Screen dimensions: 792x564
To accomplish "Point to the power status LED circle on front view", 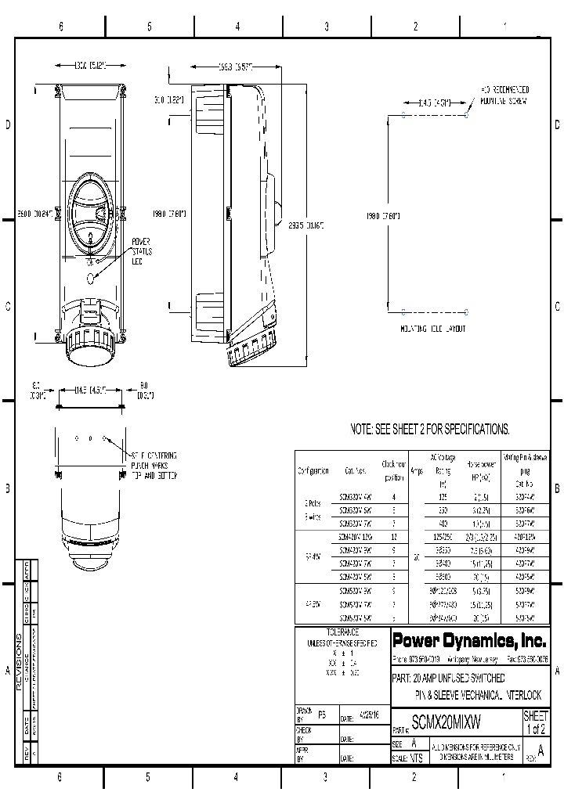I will coord(91,277).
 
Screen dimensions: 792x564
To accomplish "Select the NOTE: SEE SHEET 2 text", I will coord(429,429).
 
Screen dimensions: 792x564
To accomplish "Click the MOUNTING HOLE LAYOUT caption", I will coord(432,329).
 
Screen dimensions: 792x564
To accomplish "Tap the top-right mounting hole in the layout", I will coord(467,117).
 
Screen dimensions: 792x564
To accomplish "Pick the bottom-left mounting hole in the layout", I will coord(403,311).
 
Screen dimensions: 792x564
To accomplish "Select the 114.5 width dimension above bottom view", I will coord(90,389).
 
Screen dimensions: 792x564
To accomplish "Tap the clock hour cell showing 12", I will coord(393,536).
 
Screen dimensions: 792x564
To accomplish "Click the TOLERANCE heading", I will coord(342,631).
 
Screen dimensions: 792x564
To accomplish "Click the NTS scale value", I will coord(416,758).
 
